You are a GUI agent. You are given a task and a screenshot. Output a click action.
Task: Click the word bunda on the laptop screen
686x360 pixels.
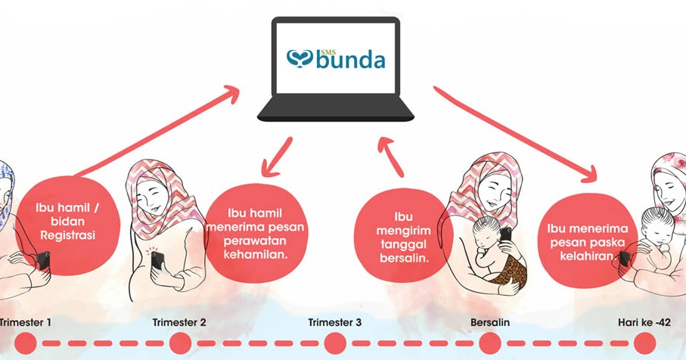[350, 59]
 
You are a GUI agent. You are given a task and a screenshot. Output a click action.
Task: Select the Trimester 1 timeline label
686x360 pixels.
[26, 323]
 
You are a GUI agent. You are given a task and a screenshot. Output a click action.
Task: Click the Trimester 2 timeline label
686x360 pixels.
[179, 323]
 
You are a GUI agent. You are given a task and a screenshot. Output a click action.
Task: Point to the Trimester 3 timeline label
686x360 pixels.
[335, 323]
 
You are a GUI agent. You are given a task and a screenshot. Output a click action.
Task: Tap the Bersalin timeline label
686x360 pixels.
[489, 323]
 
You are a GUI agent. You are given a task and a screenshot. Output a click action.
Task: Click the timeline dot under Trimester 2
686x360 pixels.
[180, 344]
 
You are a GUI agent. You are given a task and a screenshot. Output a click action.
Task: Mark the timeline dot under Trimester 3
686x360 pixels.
[335, 344]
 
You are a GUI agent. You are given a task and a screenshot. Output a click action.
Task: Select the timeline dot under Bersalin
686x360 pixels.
[490, 344]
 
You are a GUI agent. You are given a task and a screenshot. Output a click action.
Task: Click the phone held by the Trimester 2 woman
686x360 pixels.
[157, 262]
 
